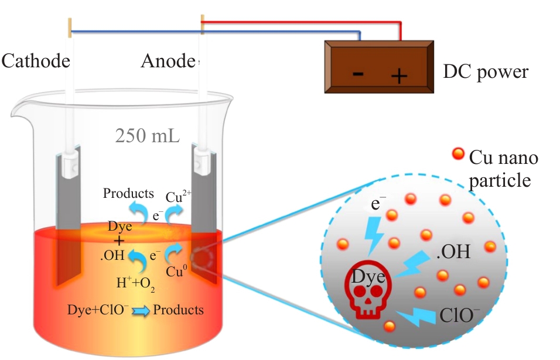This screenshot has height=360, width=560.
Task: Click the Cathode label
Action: (36, 61)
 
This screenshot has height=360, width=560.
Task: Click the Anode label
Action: (169, 61)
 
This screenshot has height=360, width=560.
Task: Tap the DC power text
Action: (486, 72)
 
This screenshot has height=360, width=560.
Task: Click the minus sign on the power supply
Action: (358, 74)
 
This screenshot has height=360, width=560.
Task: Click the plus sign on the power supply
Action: (399, 76)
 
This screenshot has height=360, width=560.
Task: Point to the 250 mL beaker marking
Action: (147, 136)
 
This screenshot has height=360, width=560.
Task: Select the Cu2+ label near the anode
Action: (178, 197)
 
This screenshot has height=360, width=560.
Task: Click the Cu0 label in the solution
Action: (176, 271)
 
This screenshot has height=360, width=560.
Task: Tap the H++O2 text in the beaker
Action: (136, 284)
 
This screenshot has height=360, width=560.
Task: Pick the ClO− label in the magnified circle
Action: (459, 315)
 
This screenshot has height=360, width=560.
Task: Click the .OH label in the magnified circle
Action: (453, 252)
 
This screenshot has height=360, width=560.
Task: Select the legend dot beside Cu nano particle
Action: (458, 154)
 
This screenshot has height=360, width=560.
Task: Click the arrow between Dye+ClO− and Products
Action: (141, 311)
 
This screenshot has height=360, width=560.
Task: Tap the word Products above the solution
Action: (128, 193)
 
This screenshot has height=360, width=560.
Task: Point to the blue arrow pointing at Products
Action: (139, 212)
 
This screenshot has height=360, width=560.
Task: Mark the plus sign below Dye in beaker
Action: (119, 242)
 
